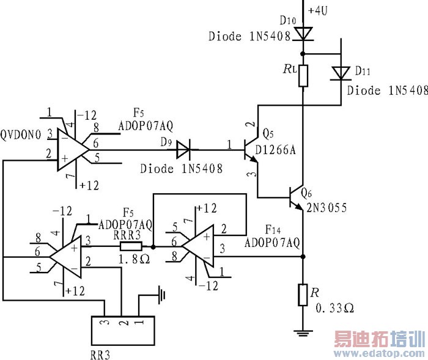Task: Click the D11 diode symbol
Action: click(x=340, y=73)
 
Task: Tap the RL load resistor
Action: click(x=303, y=75)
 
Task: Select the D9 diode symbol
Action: click(x=183, y=147)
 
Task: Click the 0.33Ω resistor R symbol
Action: click(x=303, y=295)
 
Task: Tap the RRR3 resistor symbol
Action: click(x=131, y=247)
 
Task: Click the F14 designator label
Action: click(x=273, y=230)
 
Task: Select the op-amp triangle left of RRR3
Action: click(x=66, y=256)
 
